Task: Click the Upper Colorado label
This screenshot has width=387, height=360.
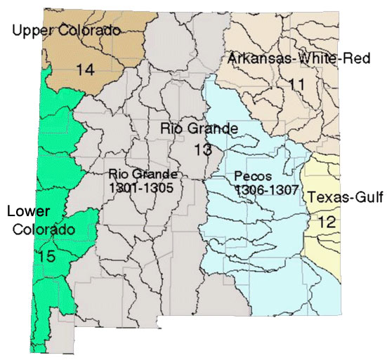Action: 67,29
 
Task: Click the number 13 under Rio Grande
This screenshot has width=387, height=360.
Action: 202,149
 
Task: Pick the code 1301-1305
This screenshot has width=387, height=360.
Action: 142,188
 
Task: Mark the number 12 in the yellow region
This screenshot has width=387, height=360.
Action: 327,222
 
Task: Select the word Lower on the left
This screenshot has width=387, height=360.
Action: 27,211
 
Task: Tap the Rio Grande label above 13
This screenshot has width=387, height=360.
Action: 199,128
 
